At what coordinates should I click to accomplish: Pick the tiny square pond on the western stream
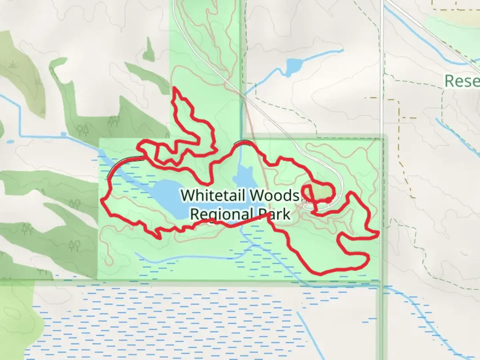[x=63, y=134]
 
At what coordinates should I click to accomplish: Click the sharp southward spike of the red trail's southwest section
[x=159, y=238]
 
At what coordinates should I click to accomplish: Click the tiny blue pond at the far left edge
[x=10, y=141]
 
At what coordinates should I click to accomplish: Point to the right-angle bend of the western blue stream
[x=20, y=135]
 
